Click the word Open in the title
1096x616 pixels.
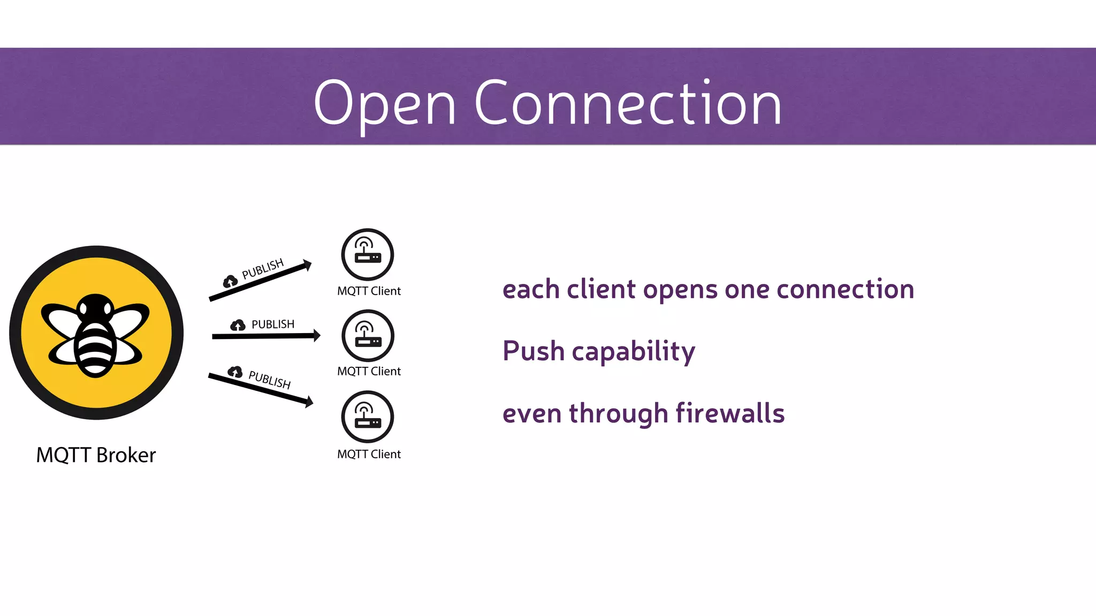pos(384,104)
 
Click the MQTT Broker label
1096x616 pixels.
pos(96,455)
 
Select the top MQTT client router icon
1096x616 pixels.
pos(368,254)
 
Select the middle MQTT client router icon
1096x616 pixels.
pos(368,336)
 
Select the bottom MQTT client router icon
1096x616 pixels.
pos(368,417)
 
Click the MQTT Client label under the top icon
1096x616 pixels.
pos(369,291)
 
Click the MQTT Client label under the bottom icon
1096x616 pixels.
pos(369,454)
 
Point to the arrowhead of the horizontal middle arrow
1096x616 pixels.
pos(317,335)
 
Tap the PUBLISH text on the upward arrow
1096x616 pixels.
pos(262,269)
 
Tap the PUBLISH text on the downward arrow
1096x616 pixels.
pos(269,380)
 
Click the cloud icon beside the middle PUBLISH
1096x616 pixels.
pos(238,325)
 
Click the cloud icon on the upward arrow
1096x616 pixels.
pos(230,281)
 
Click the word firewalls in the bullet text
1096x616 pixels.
pos(730,413)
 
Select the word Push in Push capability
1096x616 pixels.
pos(533,351)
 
